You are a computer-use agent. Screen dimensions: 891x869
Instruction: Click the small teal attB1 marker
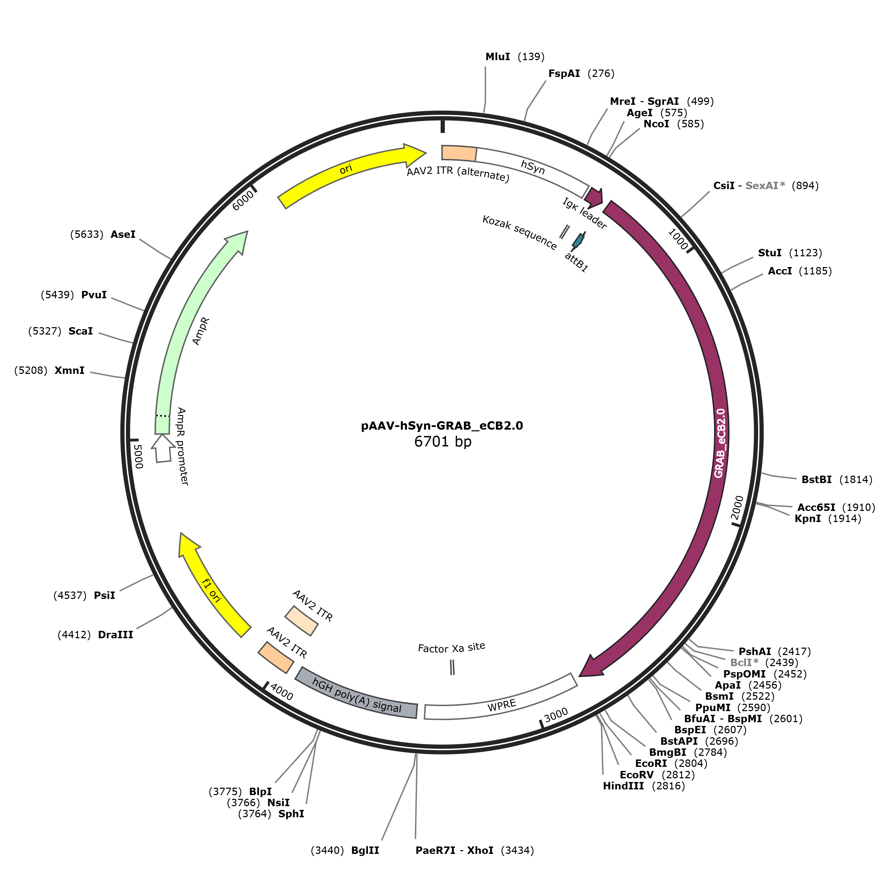click(x=578, y=240)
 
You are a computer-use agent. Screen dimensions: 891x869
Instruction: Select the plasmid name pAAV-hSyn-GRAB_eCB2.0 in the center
click(x=442, y=426)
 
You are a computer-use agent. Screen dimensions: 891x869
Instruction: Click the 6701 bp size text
click(x=442, y=442)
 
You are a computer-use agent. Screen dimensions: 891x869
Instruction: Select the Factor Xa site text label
click(x=452, y=648)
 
